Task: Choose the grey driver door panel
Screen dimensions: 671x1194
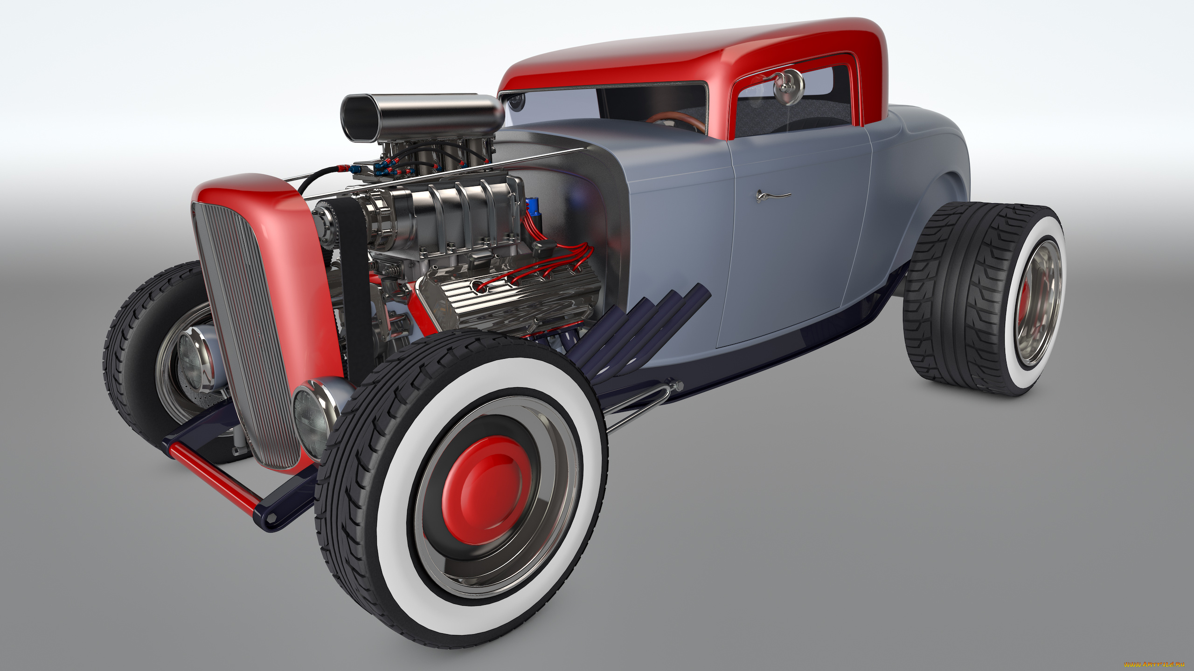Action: (x=793, y=242)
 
